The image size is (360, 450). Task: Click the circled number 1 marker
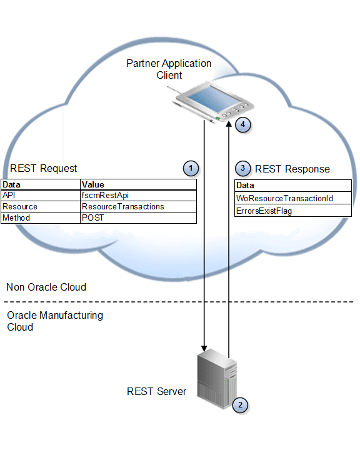pos(191,167)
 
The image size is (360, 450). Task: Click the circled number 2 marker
pos(239,404)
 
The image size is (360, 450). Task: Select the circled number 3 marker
pos(243,168)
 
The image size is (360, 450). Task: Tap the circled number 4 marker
pos(243,124)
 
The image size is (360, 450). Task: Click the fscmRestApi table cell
pos(105,196)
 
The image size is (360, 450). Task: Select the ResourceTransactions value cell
pos(122,206)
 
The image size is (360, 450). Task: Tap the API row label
pos(9,196)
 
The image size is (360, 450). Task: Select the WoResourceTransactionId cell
pos(284,199)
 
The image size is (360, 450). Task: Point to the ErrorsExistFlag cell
pos(264,211)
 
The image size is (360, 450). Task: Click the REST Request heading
pos(44,168)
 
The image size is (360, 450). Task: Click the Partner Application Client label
pos(169,69)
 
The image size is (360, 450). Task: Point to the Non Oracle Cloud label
pos(46,287)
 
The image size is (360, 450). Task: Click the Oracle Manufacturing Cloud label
pos(55,321)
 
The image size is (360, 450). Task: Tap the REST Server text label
pos(156,391)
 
